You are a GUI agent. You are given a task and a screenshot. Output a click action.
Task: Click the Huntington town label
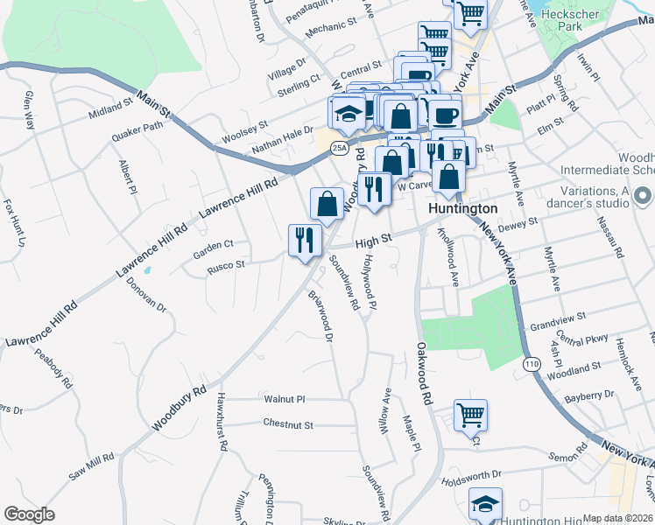point(462,208)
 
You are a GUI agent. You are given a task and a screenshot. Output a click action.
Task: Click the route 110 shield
point(532,364)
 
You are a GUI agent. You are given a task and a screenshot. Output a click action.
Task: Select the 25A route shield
point(340,149)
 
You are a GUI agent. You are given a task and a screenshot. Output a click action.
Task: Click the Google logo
point(29,514)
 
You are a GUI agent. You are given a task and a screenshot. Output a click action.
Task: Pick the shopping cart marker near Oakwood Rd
point(470,416)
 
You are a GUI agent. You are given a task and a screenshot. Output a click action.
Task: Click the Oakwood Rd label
point(425,373)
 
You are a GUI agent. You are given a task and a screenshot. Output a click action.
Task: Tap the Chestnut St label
point(287,424)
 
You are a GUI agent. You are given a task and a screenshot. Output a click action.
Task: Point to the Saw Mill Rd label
point(92,469)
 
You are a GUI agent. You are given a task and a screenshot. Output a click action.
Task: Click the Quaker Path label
point(137,131)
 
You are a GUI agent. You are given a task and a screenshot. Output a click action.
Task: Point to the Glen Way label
point(30,110)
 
